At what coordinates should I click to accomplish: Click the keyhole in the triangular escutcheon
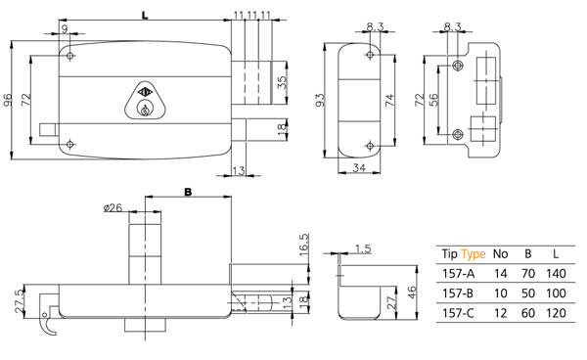(x=144, y=110)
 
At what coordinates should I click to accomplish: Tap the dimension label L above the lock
(x=145, y=16)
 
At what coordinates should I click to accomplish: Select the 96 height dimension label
(x=8, y=100)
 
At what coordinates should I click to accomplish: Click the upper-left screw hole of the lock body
(x=70, y=56)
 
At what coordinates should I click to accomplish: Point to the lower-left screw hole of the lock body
(x=70, y=144)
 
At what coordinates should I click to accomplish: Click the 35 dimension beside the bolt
(x=283, y=82)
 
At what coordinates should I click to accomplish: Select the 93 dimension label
(x=320, y=101)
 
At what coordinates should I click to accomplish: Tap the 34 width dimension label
(x=359, y=168)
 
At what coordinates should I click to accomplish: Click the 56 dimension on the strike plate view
(x=432, y=100)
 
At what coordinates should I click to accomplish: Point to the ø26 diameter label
(x=113, y=207)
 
